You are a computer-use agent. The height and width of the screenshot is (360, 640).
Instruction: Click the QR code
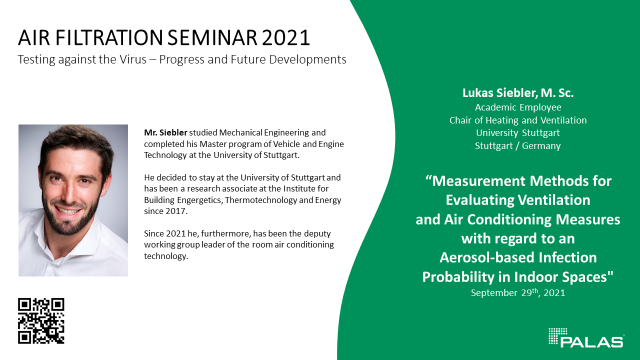tap(41, 321)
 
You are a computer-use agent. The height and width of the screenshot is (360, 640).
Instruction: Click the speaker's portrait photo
tap(73, 200)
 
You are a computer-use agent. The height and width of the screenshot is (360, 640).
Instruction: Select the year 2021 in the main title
tap(285, 37)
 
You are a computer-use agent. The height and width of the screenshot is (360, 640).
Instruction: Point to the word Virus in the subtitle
tap(132, 59)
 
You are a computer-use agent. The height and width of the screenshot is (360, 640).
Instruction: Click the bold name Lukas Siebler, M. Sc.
tap(518, 93)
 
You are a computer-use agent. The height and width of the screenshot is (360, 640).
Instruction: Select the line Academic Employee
tap(518, 107)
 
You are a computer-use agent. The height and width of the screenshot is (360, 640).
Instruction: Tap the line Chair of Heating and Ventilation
tap(518, 120)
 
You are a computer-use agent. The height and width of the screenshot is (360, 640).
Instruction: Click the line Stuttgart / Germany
tap(517, 145)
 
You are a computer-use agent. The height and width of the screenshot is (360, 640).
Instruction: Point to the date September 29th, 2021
tap(518, 292)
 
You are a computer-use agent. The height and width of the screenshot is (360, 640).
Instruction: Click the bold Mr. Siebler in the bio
tap(165, 132)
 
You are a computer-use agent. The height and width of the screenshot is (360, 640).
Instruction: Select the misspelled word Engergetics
tap(199, 200)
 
